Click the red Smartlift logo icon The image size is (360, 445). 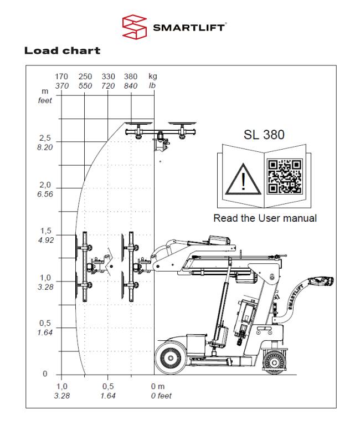pyautogui.click(x=135, y=28)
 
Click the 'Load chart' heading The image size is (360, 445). pyautogui.click(x=62, y=51)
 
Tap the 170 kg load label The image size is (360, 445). pyautogui.click(x=61, y=76)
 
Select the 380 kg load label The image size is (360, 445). pyautogui.click(x=131, y=76)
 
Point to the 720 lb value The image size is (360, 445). pyautogui.click(x=108, y=85)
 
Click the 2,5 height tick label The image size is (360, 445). pyautogui.click(x=45, y=138)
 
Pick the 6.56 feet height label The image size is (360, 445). pyautogui.click(x=45, y=194)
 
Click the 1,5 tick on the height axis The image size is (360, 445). pyautogui.click(x=45, y=231)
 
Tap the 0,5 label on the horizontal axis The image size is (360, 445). pyautogui.click(x=108, y=386)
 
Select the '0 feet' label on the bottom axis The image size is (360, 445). pyautogui.click(x=161, y=396)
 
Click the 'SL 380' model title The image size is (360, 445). pyautogui.click(x=264, y=135)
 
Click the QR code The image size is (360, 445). pyautogui.click(x=285, y=176)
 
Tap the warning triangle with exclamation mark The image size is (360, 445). pyautogui.click(x=243, y=178)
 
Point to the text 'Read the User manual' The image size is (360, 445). pyautogui.click(x=265, y=218)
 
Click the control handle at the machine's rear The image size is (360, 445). pyautogui.click(x=320, y=281)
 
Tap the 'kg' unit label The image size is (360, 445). pyautogui.click(x=153, y=76)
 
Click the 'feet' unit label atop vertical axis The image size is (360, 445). pyautogui.click(x=45, y=100)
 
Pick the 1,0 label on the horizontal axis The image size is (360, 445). pyautogui.click(x=61, y=386)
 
